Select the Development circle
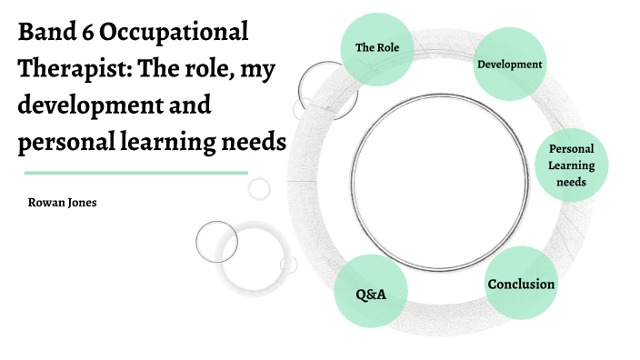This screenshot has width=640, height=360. pyautogui.click(x=510, y=65)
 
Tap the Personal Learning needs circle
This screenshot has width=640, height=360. pyautogui.click(x=573, y=165)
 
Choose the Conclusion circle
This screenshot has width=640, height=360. pyautogui.click(x=521, y=284)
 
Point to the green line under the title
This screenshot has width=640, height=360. pyautogui.click(x=135, y=172)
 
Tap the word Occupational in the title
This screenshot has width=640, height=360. pyautogui.click(x=174, y=35)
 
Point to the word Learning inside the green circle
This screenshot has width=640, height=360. pyautogui.click(x=572, y=165)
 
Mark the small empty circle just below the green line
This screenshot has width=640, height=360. pyautogui.click(x=260, y=188)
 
